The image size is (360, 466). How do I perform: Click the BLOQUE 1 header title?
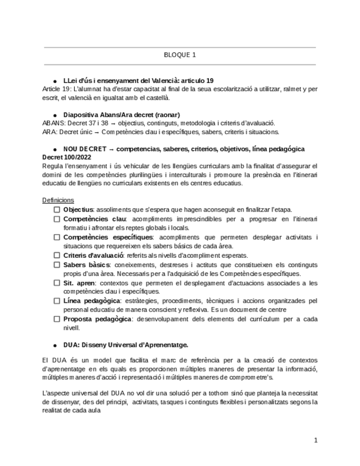(180, 55)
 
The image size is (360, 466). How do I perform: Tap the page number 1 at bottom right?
(315, 440)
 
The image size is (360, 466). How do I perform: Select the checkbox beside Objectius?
(57, 209)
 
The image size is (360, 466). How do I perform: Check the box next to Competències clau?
(57, 219)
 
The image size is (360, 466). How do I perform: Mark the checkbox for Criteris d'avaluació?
(57, 255)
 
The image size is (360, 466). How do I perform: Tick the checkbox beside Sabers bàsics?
(57, 264)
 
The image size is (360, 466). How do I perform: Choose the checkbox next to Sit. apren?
(57, 282)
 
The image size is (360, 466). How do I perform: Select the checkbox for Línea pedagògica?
(57, 301)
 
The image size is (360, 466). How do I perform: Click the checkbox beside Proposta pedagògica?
(57, 319)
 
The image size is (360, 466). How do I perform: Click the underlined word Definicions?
(58, 201)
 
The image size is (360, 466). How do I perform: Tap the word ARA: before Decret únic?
(49, 132)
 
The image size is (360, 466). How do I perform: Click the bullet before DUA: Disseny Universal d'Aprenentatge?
(56, 346)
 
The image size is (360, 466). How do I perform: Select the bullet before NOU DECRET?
(56, 149)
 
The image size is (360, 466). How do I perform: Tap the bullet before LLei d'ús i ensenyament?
(56, 81)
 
